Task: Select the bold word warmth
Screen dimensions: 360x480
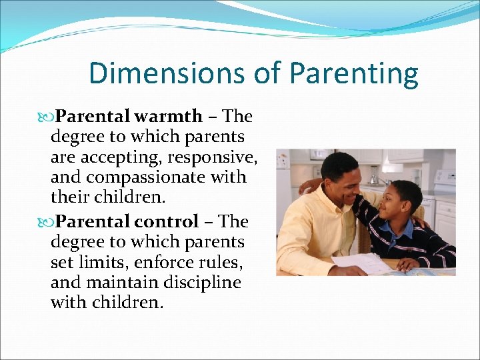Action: [x=167, y=116]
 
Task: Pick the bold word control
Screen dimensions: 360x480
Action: [x=165, y=221]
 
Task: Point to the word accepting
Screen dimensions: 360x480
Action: [x=123, y=157]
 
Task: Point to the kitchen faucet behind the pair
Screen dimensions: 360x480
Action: [x=373, y=175]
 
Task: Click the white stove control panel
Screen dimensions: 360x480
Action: [x=445, y=179]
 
